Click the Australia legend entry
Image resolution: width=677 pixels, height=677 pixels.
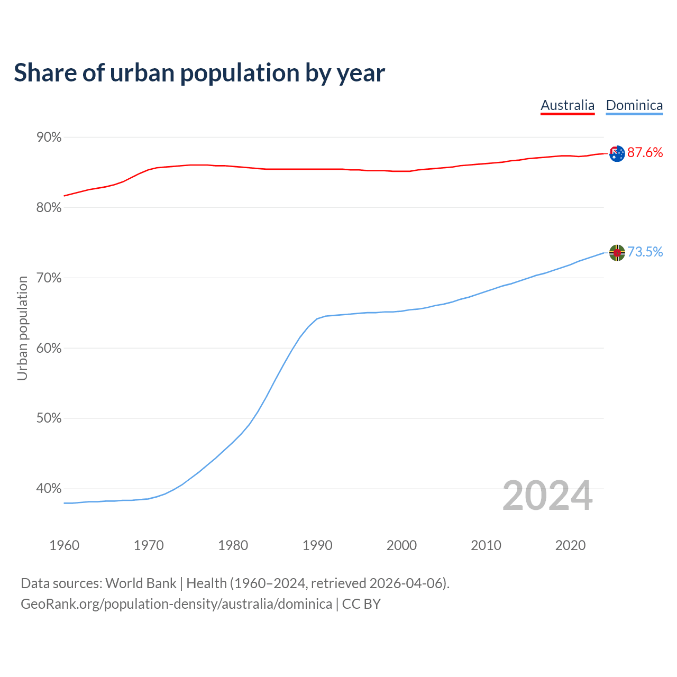click(x=568, y=105)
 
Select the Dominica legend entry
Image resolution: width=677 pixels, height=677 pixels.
click(x=634, y=105)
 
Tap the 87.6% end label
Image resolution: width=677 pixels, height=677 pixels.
click(x=645, y=153)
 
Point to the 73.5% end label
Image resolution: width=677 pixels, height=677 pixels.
click(x=645, y=252)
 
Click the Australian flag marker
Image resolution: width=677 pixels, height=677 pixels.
click(x=617, y=153)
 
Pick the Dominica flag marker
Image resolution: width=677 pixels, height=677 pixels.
click(x=617, y=253)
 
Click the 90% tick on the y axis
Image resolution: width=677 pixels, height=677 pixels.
click(x=49, y=138)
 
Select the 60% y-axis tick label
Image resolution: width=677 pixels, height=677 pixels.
click(x=49, y=349)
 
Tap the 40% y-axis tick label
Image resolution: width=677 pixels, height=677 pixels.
click(x=49, y=489)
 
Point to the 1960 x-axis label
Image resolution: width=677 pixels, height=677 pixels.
click(x=64, y=545)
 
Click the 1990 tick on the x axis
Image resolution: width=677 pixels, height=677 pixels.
click(x=317, y=545)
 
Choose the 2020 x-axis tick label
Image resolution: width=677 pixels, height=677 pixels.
click(x=570, y=545)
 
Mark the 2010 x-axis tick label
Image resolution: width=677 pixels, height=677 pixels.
click(x=486, y=545)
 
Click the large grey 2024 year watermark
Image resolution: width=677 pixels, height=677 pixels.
click(x=547, y=496)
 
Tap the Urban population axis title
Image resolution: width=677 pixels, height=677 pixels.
click(x=22, y=328)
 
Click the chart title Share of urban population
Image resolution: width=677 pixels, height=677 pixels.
click(x=199, y=72)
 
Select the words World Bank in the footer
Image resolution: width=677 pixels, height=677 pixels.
click(x=141, y=583)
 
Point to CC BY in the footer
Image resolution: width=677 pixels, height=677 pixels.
click(x=361, y=604)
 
